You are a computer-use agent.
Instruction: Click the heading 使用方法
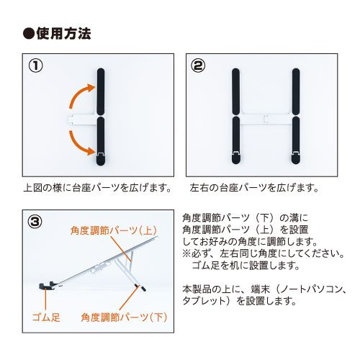coord(63,34)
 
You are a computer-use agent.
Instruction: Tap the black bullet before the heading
coord(29,34)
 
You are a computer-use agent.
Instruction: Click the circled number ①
coord(35,66)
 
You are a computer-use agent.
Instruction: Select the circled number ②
coord(198,66)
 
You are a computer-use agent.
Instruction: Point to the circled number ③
coord(35,222)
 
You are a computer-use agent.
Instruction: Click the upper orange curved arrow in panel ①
coord(78,94)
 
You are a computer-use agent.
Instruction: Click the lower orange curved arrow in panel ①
coord(78,144)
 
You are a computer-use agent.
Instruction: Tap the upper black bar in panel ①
coord(101,92)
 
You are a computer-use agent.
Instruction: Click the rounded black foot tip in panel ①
coord(101,161)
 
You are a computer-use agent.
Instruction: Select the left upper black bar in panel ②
coord(236,91)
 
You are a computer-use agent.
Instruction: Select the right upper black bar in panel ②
coord(296,91)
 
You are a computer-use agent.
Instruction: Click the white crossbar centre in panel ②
coord(266,119)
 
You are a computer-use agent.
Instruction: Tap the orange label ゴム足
coord(46,318)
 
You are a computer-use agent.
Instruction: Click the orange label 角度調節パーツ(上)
coord(114,230)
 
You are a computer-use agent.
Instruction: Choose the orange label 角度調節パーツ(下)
coord(124,318)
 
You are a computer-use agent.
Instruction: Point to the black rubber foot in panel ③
coord(46,286)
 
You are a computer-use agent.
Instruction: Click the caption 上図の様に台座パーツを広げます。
coord(98,188)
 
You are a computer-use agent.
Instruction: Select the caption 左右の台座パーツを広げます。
coord(254,188)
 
